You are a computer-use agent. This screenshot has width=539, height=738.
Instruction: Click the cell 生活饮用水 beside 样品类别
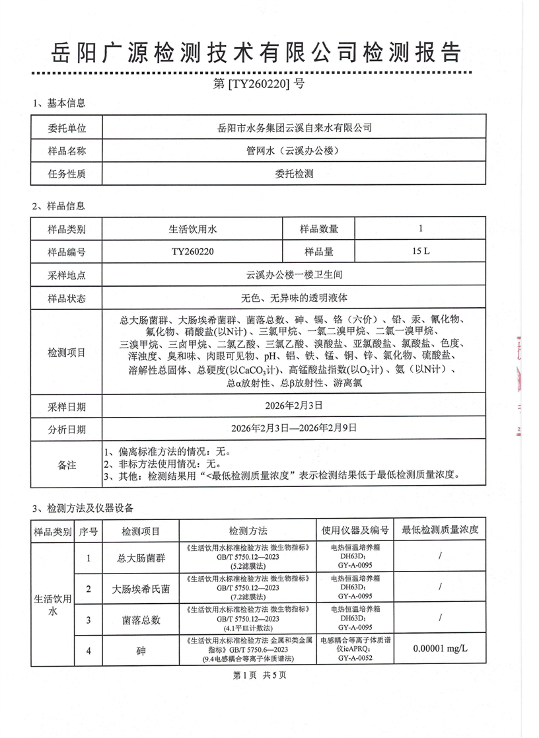[x=192, y=229]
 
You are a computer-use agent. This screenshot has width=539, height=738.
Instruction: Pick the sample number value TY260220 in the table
[x=192, y=252]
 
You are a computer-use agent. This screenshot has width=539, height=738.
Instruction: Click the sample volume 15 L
[x=420, y=252]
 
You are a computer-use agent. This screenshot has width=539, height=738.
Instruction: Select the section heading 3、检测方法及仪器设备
[x=83, y=507]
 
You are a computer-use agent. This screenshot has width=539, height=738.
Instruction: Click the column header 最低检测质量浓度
[x=439, y=531]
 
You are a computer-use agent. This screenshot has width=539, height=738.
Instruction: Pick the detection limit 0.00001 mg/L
[x=439, y=649]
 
